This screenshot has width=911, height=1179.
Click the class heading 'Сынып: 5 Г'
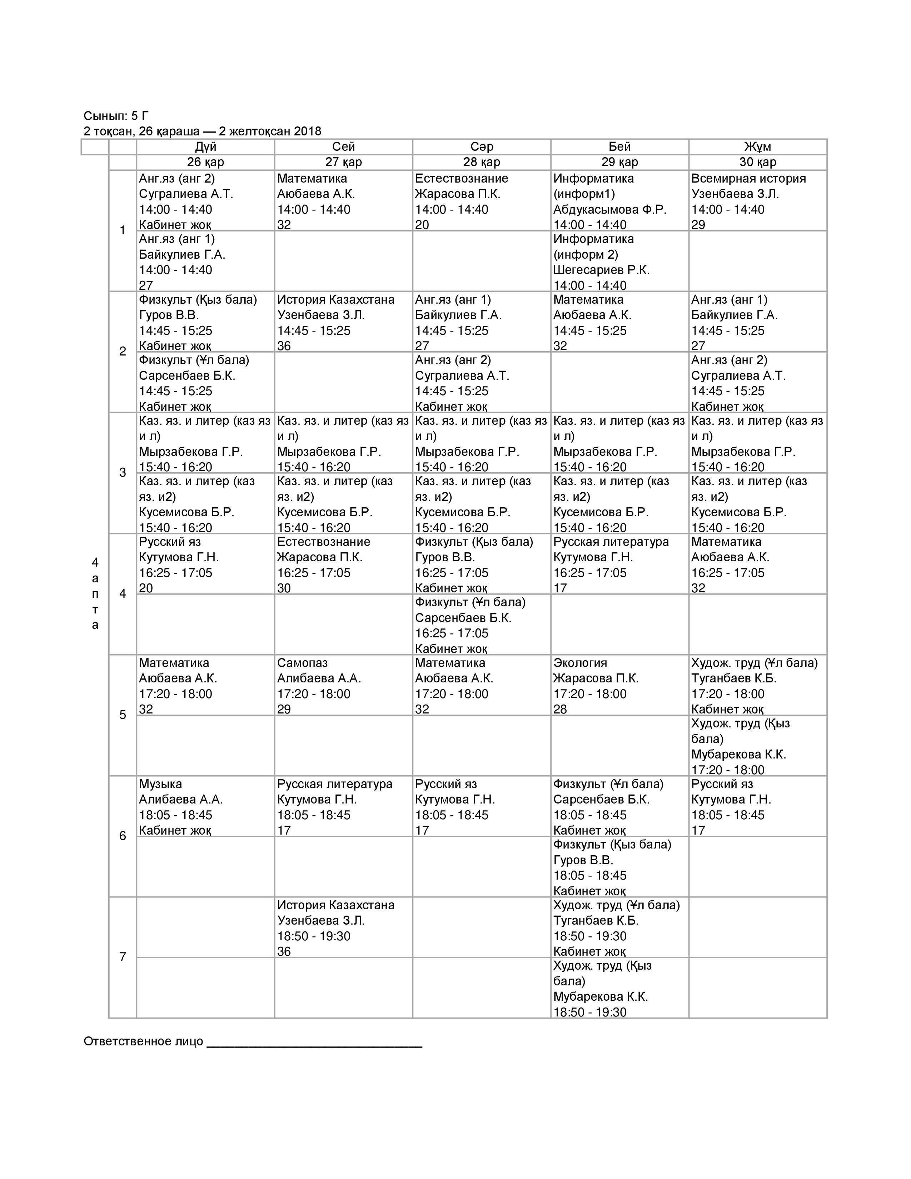(x=116, y=115)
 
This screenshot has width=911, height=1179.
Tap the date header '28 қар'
(x=482, y=162)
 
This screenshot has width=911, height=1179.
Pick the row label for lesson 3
(x=123, y=473)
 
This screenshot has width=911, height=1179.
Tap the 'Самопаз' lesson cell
(x=343, y=686)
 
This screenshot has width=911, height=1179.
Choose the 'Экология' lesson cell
(x=619, y=686)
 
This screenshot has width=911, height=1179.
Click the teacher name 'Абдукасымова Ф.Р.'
(x=609, y=209)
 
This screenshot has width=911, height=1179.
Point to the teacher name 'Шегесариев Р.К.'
(x=601, y=270)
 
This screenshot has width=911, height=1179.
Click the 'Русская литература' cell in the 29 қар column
(x=619, y=564)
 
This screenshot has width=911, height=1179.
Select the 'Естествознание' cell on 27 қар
(x=343, y=564)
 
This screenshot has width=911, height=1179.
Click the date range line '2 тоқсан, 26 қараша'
(x=202, y=131)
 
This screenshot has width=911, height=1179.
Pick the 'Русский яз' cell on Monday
(x=205, y=564)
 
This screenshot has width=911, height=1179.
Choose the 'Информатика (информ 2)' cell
(x=619, y=261)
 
